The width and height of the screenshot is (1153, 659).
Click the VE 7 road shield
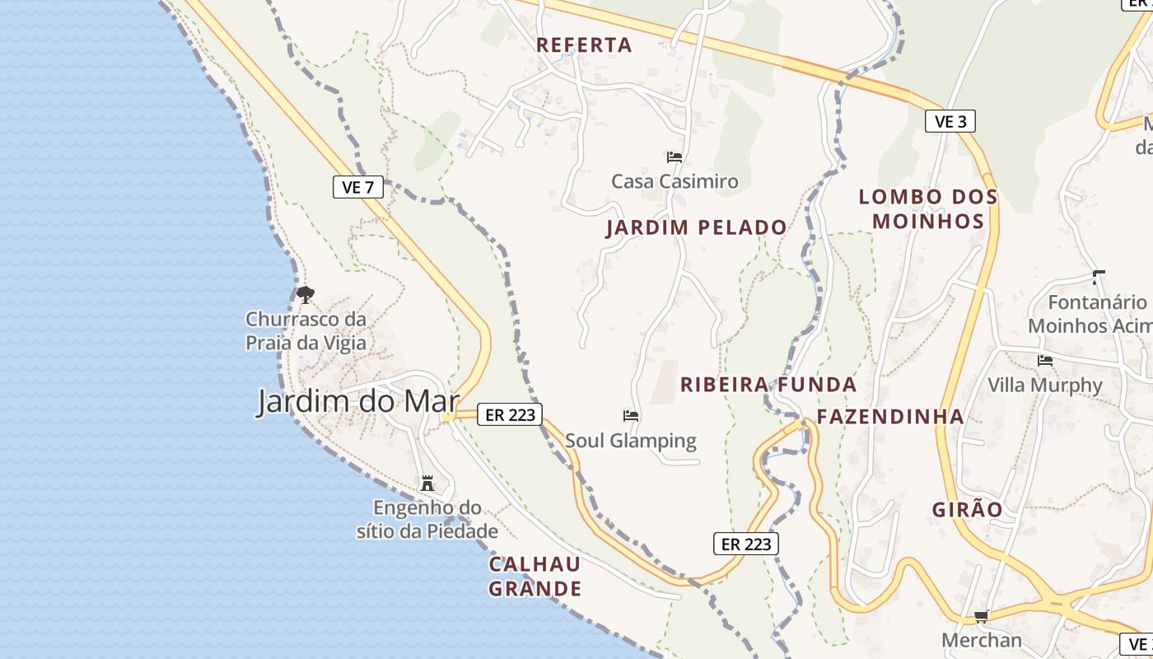358,187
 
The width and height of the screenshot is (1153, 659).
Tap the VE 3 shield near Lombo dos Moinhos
950,121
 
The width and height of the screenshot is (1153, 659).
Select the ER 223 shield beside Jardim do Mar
510,415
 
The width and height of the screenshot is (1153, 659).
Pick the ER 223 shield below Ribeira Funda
746,544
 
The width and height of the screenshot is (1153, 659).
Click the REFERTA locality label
584,45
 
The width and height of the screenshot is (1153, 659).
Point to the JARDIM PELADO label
696,227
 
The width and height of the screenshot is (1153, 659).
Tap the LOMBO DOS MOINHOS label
928,209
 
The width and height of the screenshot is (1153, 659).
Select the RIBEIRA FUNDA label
768,385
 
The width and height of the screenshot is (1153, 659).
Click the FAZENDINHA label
890,417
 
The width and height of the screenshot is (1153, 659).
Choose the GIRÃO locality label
968,510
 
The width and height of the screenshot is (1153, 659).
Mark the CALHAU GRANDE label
535,577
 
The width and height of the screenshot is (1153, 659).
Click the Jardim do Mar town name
358,402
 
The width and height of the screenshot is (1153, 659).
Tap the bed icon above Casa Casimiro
675,157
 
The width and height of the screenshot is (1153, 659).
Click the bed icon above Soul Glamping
631,416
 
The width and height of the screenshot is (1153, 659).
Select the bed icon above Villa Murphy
1045,360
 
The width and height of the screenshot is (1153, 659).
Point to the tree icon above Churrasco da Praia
306,294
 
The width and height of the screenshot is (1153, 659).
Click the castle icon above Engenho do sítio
427,483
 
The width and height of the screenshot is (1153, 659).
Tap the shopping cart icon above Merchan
981,616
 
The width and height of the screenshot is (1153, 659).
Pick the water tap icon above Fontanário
1097,277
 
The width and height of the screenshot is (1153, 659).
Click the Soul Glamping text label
631,441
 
